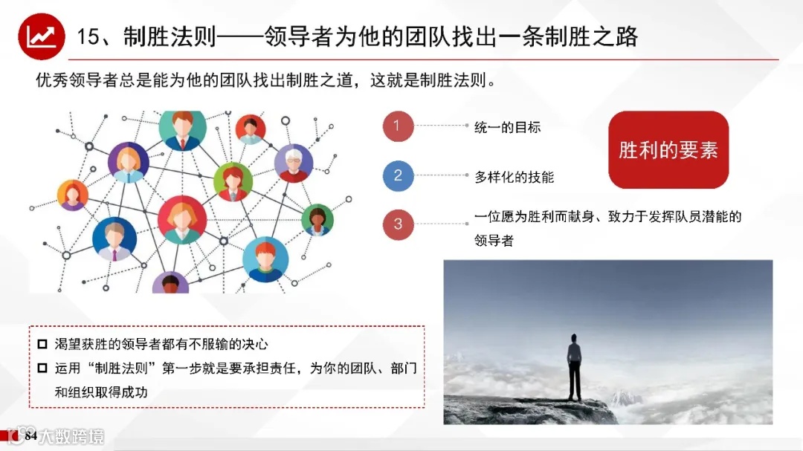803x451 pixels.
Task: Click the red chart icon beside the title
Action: (40, 36)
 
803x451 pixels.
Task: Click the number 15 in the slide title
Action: (88, 36)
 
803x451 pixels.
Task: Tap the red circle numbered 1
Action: (398, 126)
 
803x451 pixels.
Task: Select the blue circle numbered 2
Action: (398, 176)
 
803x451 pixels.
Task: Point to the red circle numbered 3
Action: (398, 224)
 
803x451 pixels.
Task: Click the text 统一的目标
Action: (507, 127)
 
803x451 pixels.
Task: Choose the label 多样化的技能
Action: (514, 177)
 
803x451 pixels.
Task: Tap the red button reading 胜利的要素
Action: (668, 150)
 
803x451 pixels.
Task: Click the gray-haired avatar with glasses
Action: (293, 163)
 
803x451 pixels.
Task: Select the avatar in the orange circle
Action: (73, 195)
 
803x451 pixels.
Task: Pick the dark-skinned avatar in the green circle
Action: (317, 220)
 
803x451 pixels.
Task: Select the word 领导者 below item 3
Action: (494, 241)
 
